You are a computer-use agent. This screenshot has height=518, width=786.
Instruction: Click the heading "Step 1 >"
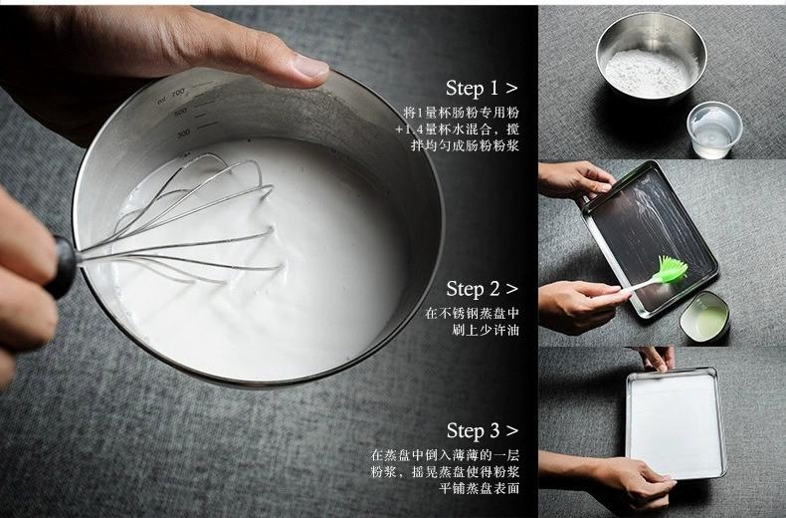(x=481, y=89)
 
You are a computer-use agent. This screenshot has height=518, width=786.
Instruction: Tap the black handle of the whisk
(x=62, y=265)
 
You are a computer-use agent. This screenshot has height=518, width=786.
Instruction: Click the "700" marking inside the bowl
(x=178, y=93)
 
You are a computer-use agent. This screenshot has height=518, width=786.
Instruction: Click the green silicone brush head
(x=672, y=269)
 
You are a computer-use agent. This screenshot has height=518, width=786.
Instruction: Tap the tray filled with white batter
(x=676, y=422)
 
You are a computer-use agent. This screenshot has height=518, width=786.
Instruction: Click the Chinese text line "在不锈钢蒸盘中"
(x=472, y=313)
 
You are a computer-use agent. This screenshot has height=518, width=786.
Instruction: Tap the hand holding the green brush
(x=577, y=303)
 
